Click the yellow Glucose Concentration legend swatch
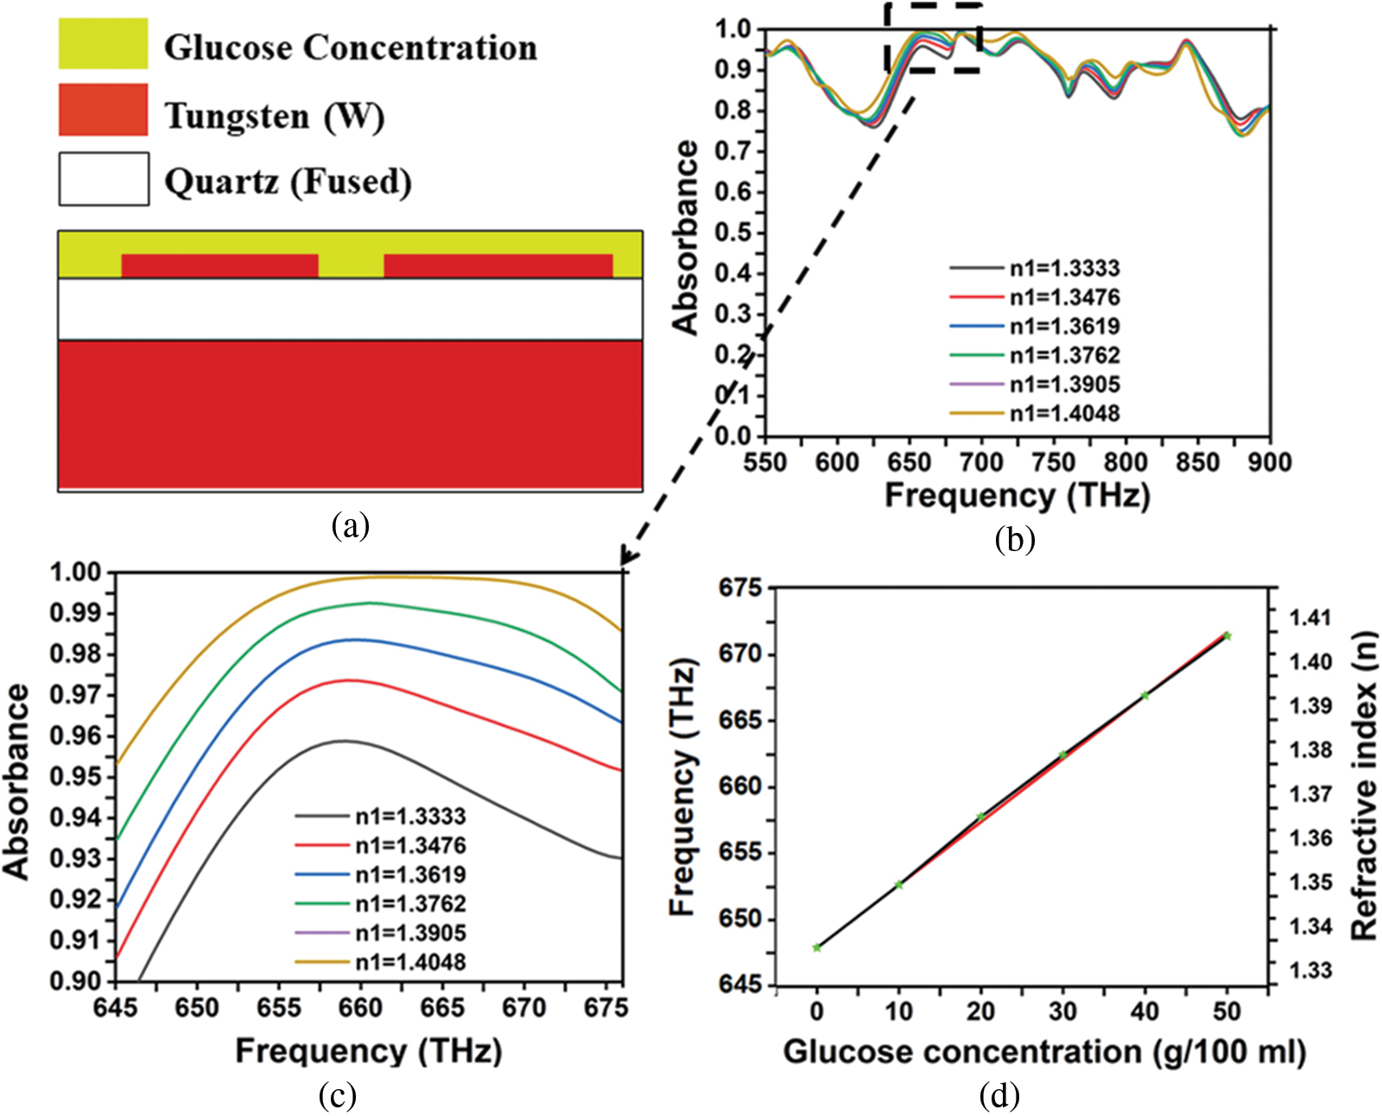click(103, 43)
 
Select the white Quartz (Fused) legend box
click(104, 179)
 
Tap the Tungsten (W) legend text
click(274, 115)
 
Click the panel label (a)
click(350, 524)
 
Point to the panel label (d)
click(999, 1095)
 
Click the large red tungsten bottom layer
click(350, 415)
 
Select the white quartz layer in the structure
click(350, 308)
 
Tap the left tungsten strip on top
click(219, 265)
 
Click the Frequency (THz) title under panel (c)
click(368, 1051)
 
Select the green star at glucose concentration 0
click(817, 948)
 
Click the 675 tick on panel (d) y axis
click(741, 588)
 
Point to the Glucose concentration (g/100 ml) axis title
click(1043, 1052)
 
